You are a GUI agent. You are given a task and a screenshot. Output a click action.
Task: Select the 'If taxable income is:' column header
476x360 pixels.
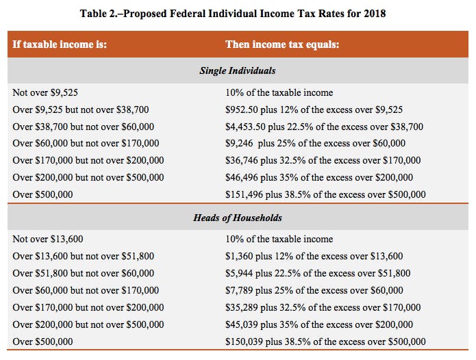[60, 45]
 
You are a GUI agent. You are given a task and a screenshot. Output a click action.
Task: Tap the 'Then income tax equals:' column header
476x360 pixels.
[282, 45]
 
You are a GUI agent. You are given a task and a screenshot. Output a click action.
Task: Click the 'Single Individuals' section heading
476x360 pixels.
[238, 70]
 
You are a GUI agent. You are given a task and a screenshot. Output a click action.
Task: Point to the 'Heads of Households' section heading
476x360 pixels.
[238, 218]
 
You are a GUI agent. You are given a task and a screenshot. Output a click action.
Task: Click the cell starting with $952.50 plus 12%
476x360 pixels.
[314, 110]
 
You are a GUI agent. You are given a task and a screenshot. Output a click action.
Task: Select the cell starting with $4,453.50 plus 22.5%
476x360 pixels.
[324, 127]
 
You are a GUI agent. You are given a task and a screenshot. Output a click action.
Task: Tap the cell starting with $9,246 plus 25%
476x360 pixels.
[315, 144]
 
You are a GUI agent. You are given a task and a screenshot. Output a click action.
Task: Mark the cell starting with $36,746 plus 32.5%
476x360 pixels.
[323, 161]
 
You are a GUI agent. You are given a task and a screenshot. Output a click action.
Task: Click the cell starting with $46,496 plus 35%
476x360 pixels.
[319, 178]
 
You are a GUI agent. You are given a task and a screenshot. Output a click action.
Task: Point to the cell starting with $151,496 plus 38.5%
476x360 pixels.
[325, 195]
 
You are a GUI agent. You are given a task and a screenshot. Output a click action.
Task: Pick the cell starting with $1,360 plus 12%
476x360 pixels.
[314, 257]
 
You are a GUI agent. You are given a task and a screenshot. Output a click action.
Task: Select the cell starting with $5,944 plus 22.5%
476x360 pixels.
[318, 274]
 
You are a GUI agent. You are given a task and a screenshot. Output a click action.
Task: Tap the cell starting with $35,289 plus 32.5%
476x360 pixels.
[323, 308]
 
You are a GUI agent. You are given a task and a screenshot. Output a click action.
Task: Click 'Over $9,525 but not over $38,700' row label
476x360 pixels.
[80, 110]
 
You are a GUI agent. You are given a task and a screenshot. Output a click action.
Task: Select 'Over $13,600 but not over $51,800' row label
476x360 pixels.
[83, 257]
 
